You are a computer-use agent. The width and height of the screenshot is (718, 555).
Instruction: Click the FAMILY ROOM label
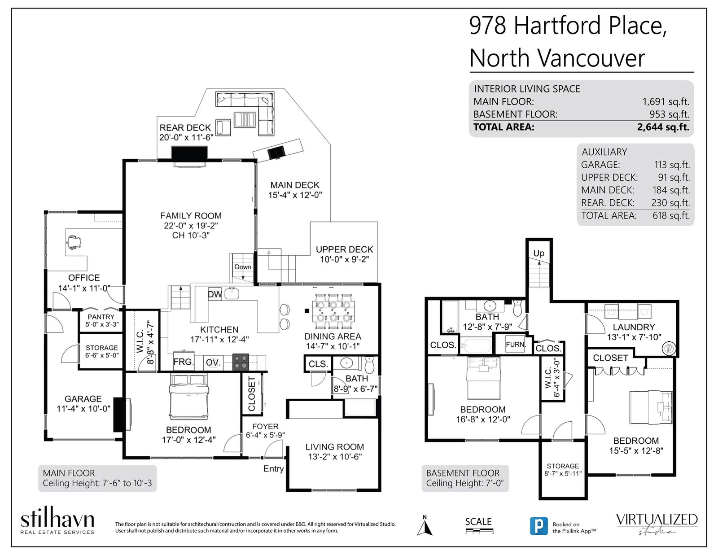191,216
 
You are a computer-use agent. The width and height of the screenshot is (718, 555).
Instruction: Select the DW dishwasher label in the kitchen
215,294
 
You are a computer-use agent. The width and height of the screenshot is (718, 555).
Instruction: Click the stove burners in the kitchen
240,362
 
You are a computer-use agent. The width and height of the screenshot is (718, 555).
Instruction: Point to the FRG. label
184,362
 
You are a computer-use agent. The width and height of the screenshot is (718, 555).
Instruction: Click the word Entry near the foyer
273,469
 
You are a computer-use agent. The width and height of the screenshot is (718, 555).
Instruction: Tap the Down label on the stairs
243,267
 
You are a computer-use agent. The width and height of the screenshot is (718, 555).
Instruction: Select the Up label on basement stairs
538,253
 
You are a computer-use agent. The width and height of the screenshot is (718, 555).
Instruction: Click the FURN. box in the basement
515,345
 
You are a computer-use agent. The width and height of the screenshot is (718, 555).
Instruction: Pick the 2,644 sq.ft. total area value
663,127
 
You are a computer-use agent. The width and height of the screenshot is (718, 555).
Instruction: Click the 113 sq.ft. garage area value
672,165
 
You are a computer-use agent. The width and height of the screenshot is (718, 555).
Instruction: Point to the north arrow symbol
425,525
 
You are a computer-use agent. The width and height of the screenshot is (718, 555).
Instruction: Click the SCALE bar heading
478,522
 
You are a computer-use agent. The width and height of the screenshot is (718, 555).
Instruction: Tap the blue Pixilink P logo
538,526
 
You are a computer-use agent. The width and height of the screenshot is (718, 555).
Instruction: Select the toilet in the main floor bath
369,365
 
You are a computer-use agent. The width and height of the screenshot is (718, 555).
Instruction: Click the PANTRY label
101,317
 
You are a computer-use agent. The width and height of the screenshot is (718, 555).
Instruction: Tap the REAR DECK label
185,128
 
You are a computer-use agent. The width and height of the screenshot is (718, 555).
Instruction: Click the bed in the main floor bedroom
188,397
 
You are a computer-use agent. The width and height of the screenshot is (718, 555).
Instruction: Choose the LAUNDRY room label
634,327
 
